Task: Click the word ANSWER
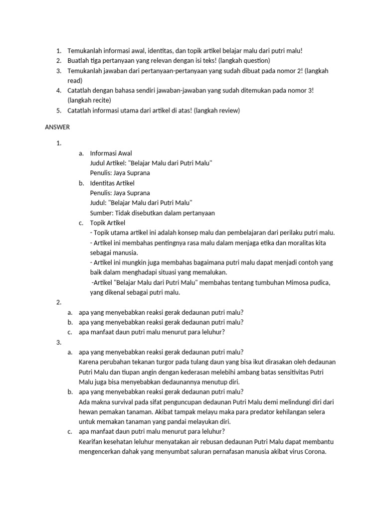[57, 127]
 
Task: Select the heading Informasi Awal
[111, 153]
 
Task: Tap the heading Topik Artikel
[107, 223]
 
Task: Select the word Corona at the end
[313, 452]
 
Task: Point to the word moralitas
[282, 243]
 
